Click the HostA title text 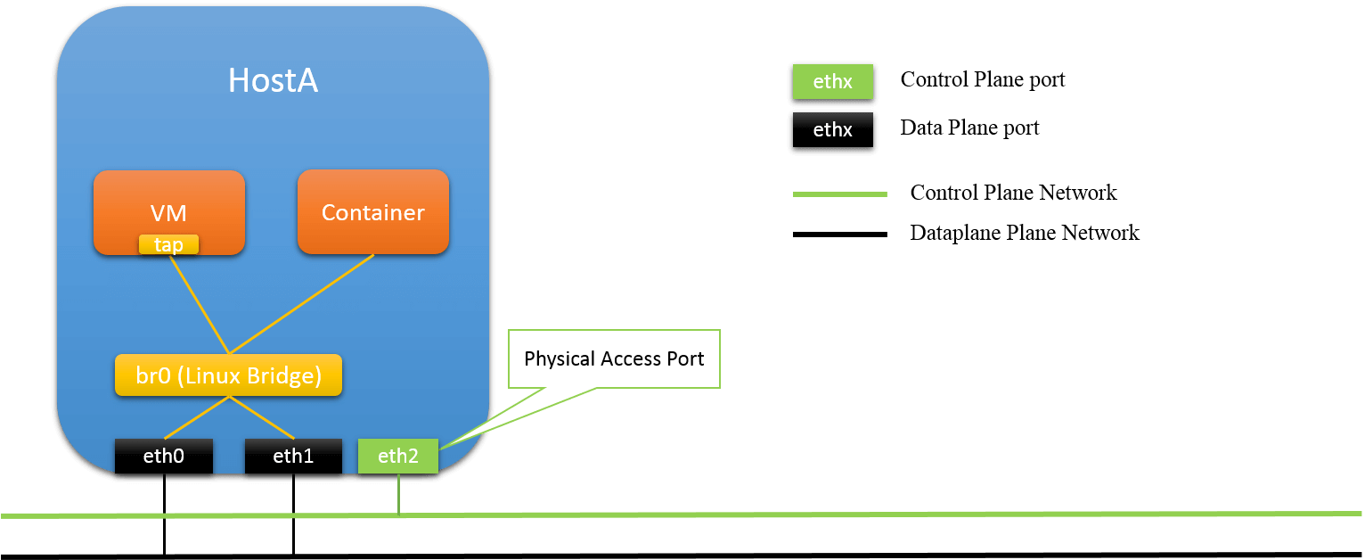click(x=273, y=81)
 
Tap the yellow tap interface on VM click(x=169, y=244)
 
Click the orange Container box click(x=372, y=212)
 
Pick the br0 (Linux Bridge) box click(x=228, y=375)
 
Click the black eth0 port click(x=164, y=456)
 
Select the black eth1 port click(x=293, y=456)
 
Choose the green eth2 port click(x=397, y=456)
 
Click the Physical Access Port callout click(x=614, y=359)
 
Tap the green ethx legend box click(x=832, y=82)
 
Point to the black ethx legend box click(x=832, y=130)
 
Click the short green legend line click(x=839, y=194)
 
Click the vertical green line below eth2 click(x=399, y=493)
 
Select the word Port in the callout click(x=684, y=359)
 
